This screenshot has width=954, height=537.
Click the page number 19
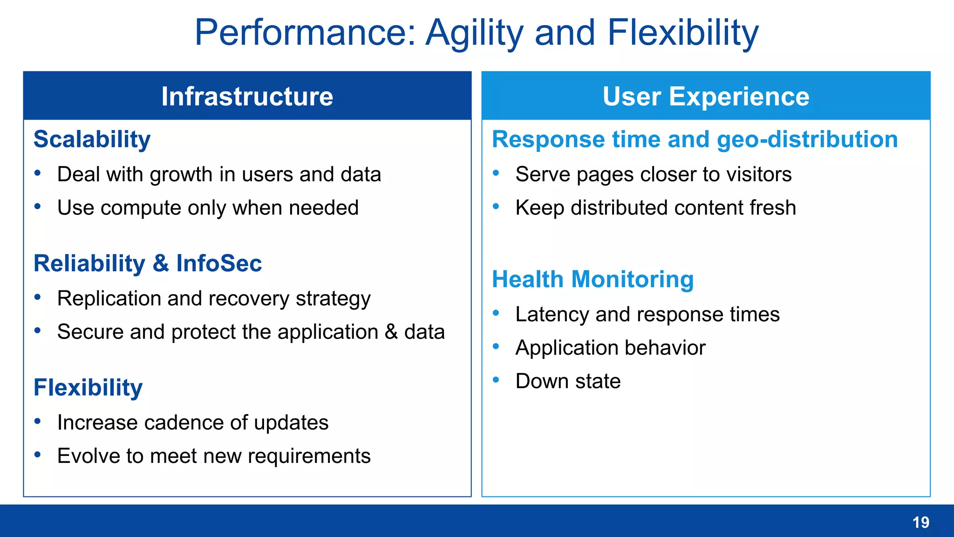pyautogui.click(x=920, y=522)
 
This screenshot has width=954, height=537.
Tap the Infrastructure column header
pyautogui.click(x=247, y=96)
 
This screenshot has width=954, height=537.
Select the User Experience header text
pyautogui.click(x=706, y=96)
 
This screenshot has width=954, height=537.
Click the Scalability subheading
pyautogui.click(x=92, y=139)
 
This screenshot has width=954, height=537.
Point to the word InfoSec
pyautogui.click(x=219, y=263)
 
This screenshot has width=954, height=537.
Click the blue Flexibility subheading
pyautogui.click(x=88, y=387)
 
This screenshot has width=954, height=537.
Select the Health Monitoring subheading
pyautogui.click(x=593, y=279)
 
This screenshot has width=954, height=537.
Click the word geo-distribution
pyautogui.click(x=807, y=139)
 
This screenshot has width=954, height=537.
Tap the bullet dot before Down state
pyautogui.click(x=496, y=380)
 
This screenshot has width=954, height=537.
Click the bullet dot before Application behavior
pyautogui.click(x=496, y=346)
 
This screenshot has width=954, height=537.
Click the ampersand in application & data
pyautogui.click(x=391, y=332)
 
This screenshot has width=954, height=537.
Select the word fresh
pyautogui.click(x=773, y=207)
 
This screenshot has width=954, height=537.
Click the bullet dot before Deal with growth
pyautogui.click(x=38, y=173)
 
